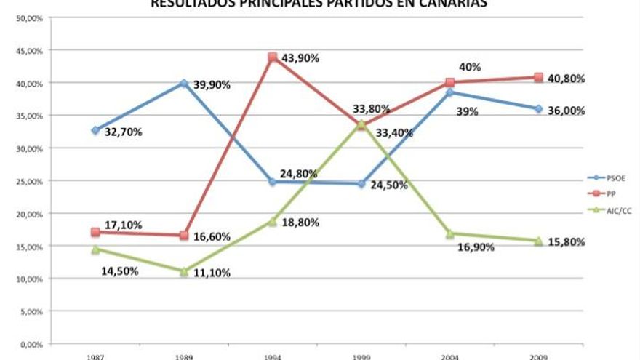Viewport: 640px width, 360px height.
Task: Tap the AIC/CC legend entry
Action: (x=619, y=210)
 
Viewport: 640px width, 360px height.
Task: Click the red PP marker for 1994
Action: (x=272, y=57)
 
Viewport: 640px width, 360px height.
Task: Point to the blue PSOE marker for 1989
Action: (x=184, y=84)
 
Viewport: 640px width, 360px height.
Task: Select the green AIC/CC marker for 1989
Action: (x=184, y=271)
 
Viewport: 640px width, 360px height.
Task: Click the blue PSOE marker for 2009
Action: (x=538, y=109)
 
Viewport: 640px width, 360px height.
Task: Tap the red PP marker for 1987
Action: (x=95, y=232)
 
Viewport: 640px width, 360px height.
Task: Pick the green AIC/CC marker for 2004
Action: (x=449, y=233)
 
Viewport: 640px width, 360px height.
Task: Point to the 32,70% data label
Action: (x=123, y=132)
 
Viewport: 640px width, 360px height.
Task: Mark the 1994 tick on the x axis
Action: (x=272, y=356)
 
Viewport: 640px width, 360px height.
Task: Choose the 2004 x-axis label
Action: (x=449, y=356)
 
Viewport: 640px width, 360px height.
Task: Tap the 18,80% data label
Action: (x=300, y=223)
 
